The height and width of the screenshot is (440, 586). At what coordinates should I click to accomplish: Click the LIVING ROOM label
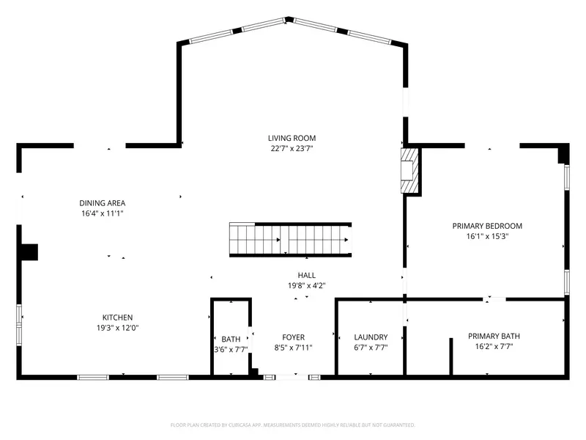pyautogui.click(x=292, y=138)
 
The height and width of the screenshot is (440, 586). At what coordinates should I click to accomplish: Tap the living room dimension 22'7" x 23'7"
pyautogui.click(x=292, y=149)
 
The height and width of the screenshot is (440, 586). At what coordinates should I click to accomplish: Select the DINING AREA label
pyautogui.click(x=103, y=203)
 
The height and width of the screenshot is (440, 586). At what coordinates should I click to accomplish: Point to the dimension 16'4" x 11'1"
pyautogui.click(x=103, y=213)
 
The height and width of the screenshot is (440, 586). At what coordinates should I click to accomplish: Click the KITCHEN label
pyautogui.click(x=117, y=318)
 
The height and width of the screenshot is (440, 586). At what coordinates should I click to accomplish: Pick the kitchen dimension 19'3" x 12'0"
pyautogui.click(x=117, y=328)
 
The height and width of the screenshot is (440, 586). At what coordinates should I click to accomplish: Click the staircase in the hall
pyautogui.click(x=291, y=240)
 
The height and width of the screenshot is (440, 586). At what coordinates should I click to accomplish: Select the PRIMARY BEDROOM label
pyautogui.click(x=487, y=226)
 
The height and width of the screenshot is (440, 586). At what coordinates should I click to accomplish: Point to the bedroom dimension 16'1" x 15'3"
pyautogui.click(x=487, y=237)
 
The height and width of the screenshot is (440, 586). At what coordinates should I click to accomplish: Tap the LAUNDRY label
pyautogui.click(x=370, y=337)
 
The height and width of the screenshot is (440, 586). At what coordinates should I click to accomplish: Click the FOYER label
pyautogui.click(x=293, y=337)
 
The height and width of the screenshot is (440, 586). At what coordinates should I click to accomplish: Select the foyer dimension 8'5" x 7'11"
pyautogui.click(x=293, y=348)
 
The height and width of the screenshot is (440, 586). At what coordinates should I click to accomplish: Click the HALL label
pyautogui.click(x=306, y=275)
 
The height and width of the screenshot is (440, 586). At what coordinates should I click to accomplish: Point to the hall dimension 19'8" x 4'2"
pyautogui.click(x=306, y=286)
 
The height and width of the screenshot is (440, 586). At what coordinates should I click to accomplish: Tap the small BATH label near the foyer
pyautogui.click(x=231, y=339)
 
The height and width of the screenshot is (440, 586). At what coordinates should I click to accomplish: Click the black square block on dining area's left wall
pyautogui.click(x=29, y=252)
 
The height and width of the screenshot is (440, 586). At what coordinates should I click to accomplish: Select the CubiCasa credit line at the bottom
pyautogui.click(x=293, y=425)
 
